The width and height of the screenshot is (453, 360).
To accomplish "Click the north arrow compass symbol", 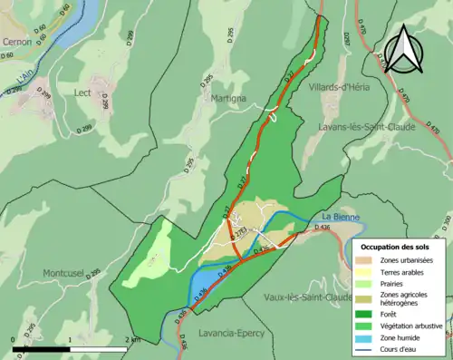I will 405,49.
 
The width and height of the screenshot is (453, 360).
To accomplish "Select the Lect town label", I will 83,92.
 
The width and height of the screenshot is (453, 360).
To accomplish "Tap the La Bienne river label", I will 340,217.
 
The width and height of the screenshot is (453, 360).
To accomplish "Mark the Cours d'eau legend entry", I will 404,345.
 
